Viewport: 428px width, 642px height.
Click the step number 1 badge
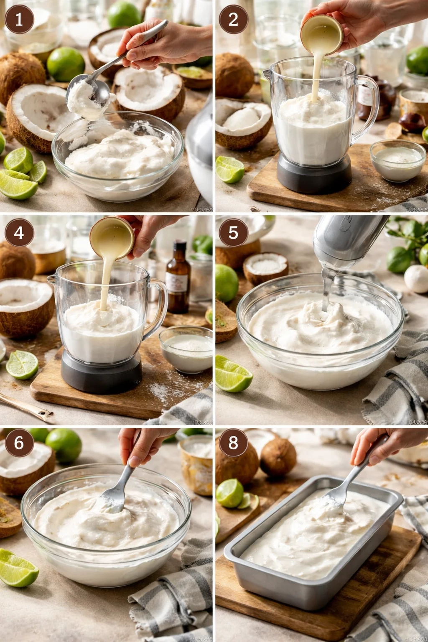[19, 19]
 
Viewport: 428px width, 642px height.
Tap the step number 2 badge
[233, 19]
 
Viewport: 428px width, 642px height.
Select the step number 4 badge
[19, 232]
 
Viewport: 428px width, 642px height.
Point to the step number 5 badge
[233, 232]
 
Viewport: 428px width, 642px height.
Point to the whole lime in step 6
[64, 446]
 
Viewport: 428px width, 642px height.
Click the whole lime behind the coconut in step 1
[66, 64]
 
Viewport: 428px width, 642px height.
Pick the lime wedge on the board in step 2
[229, 169]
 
